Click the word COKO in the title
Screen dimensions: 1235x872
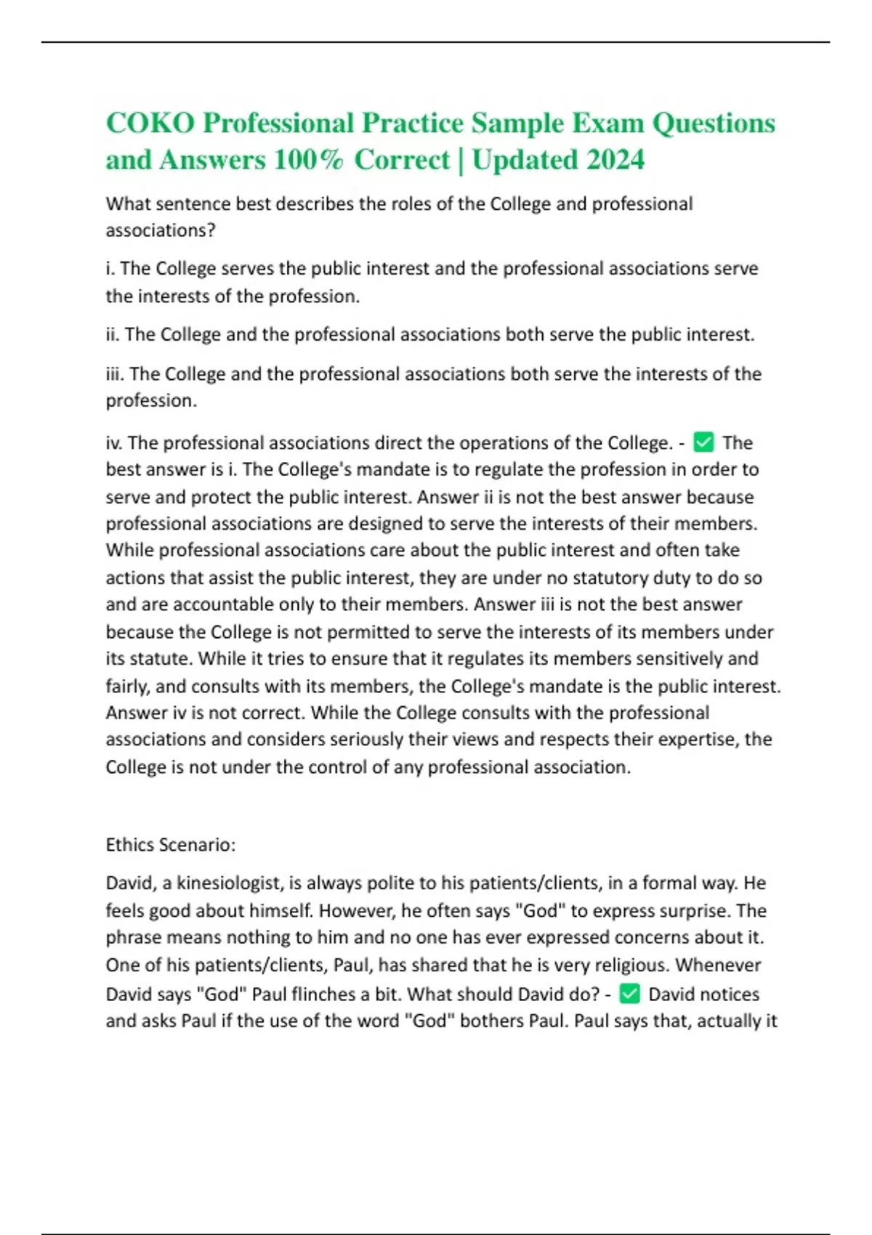point(150,123)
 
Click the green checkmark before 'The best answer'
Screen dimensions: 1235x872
point(703,442)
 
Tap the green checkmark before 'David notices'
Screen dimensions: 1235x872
point(629,993)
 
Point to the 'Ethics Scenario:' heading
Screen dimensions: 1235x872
point(171,844)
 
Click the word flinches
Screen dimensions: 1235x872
point(325,994)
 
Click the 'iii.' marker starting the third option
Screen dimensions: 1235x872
point(115,373)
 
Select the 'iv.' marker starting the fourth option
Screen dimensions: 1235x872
point(114,442)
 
